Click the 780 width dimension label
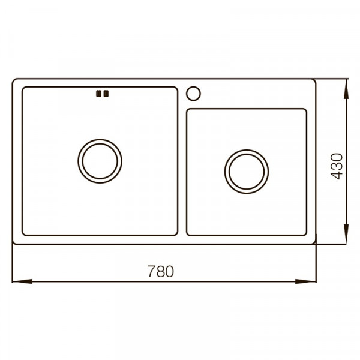tap(160, 271)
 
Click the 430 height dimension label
tap(337, 166)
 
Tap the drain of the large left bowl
tap(100, 161)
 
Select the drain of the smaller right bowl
tap(247, 171)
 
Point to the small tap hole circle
tap(194, 94)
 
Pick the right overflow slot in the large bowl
tap(106, 93)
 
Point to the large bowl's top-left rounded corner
tap(24, 89)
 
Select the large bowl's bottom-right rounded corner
tap(176, 233)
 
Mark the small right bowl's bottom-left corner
tap(188, 233)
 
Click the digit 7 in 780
tap(152, 271)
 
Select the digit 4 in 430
tap(337, 175)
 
